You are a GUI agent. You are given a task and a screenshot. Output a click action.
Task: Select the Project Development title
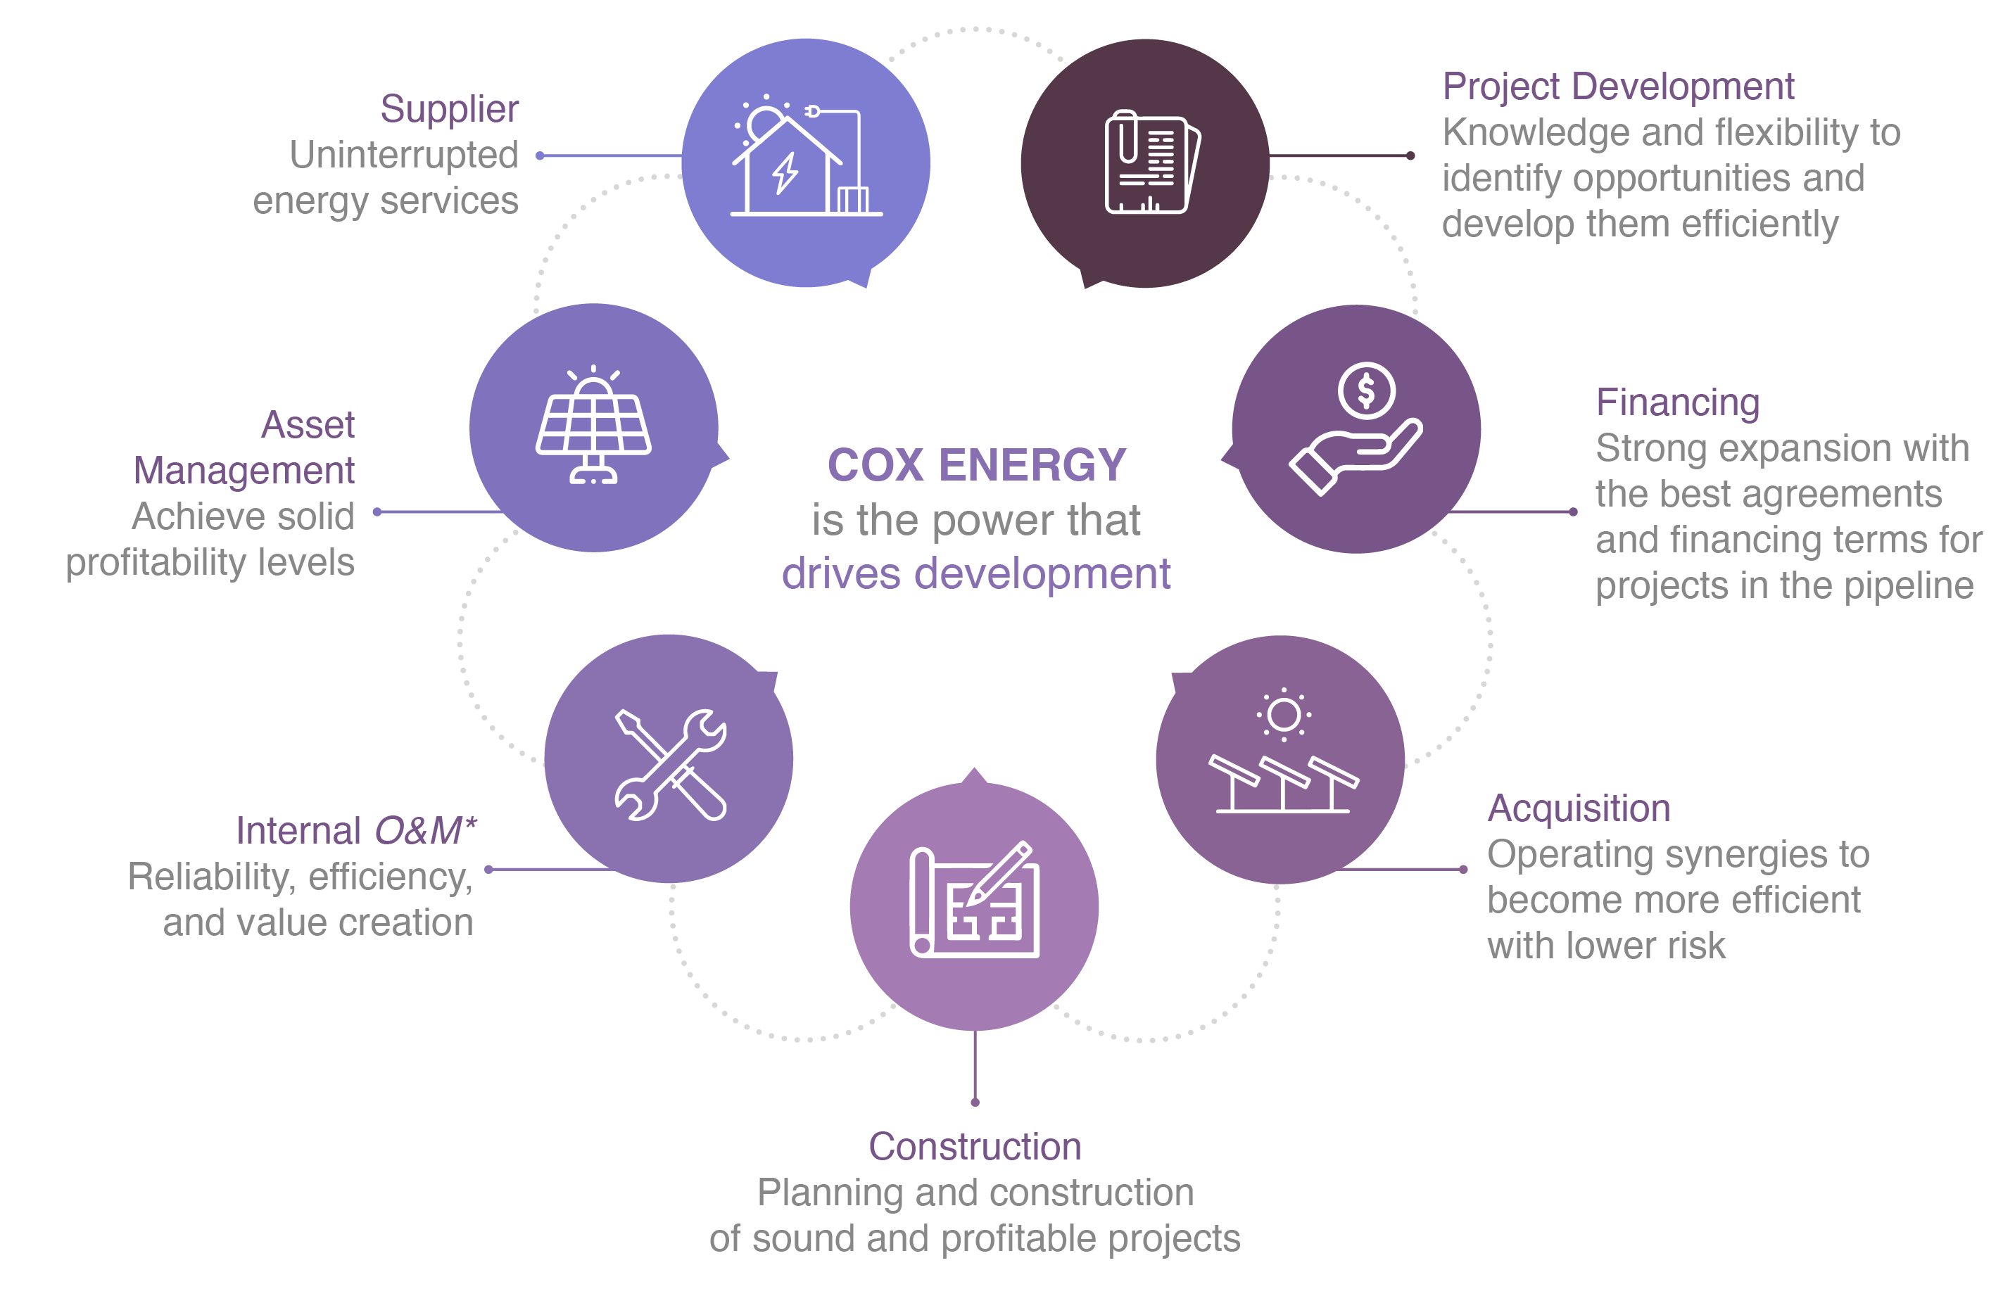point(1617,87)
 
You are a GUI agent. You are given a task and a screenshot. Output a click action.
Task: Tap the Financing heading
point(1677,402)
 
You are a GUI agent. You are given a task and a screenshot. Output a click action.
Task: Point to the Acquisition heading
point(1578,808)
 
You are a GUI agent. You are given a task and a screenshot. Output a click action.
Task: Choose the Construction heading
point(975,1147)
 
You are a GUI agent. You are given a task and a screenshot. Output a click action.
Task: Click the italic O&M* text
point(425,832)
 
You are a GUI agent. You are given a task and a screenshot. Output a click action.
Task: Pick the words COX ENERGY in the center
point(976,465)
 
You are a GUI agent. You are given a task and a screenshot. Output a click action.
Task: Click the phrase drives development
point(975,575)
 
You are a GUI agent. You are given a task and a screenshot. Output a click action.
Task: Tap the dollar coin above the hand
point(1366,390)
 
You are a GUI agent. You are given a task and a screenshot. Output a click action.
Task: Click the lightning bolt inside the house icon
point(785,173)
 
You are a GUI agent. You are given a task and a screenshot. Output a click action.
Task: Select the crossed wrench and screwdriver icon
point(670,764)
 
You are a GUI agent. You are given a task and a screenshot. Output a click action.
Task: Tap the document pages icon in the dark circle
point(1149,163)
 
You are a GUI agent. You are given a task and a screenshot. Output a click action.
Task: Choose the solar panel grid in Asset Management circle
point(593,424)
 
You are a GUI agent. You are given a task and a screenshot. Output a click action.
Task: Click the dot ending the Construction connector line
point(975,1103)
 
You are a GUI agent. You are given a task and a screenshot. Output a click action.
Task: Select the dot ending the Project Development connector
point(1410,155)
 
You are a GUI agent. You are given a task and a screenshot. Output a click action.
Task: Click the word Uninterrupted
point(404,155)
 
